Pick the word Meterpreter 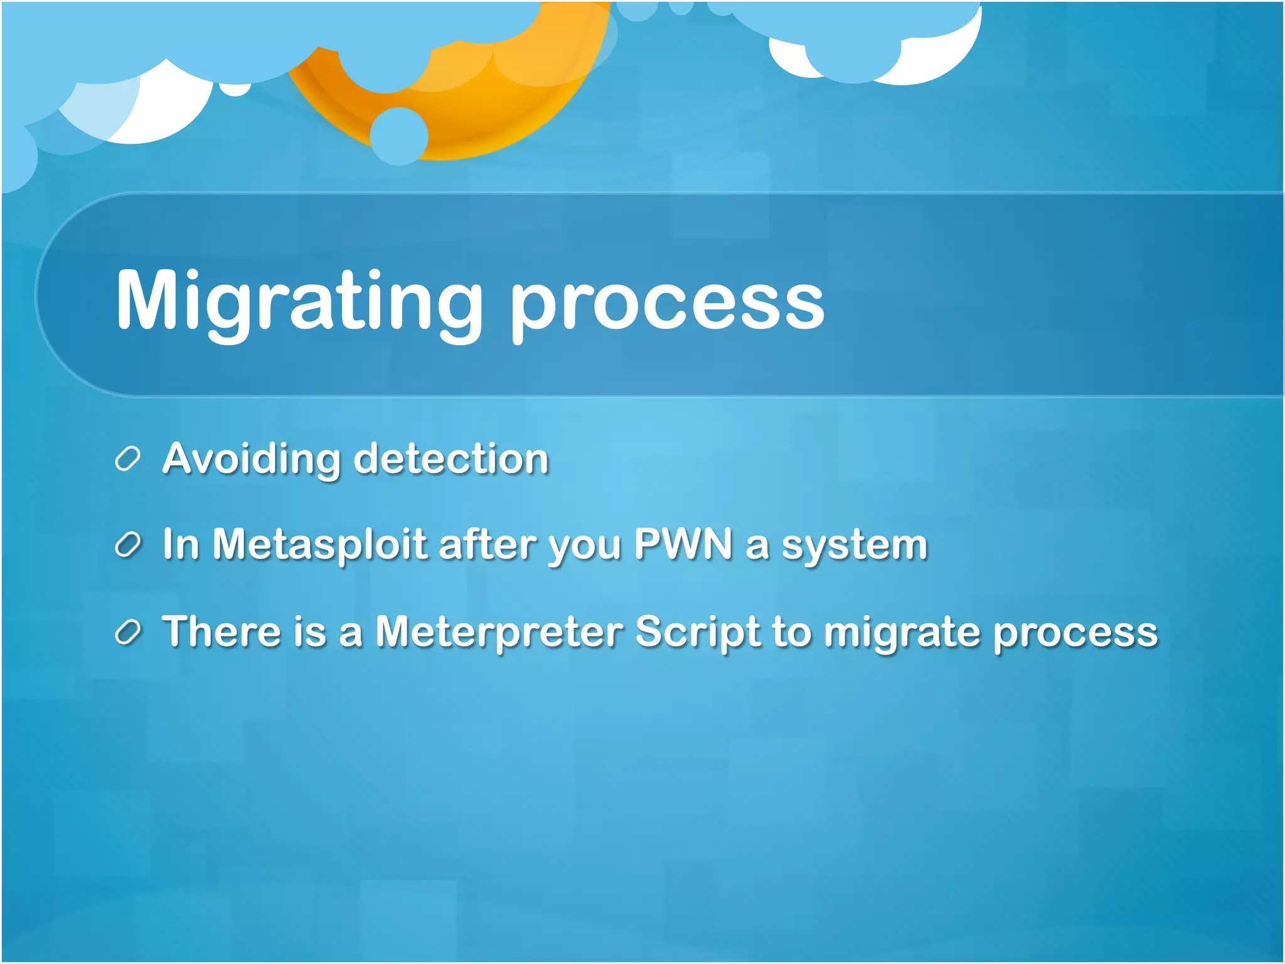point(499,631)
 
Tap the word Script point(697,632)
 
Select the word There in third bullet point(221,631)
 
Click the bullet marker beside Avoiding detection point(127,459)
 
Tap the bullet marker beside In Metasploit point(127,545)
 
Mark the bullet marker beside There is point(127,632)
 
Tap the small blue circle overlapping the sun point(399,136)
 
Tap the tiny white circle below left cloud point(235,88)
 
